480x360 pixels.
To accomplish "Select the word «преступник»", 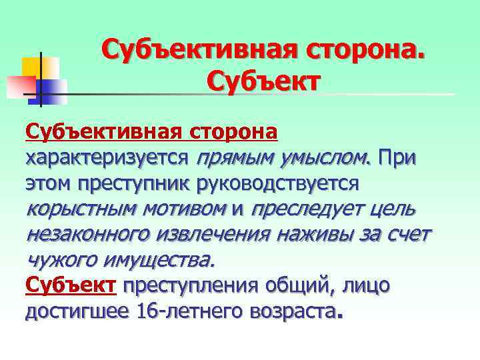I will click(133, 183).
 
